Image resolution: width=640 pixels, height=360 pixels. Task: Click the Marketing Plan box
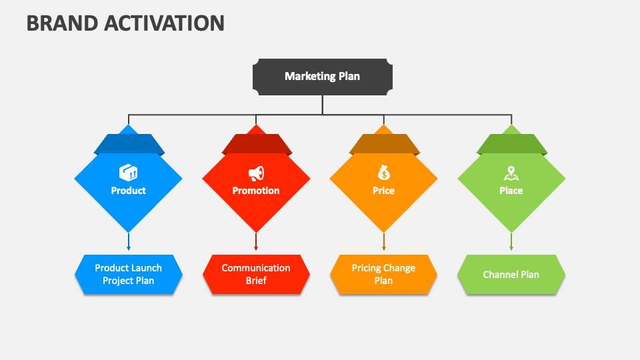click(323, 77)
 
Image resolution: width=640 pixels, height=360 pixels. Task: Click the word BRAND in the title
click(62, 23)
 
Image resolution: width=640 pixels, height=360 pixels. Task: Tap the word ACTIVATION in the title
click(164, 23)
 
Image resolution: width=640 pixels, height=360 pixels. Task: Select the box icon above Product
click(128, 173)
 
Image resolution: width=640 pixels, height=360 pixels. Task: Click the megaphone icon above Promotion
click(256, 173)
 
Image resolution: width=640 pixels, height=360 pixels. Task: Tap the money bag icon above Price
click(384, 173)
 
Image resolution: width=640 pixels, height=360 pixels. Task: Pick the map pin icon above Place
click(511, 173)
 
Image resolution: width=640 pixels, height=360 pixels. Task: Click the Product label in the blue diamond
click(128, 191)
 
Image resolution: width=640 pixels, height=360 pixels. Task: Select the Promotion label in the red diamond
click(256, 191)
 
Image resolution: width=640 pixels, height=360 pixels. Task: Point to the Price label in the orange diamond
click(384, 191)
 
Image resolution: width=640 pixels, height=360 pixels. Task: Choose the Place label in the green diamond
click(511, 191)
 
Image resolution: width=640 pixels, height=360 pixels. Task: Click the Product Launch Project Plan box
click(128, 274)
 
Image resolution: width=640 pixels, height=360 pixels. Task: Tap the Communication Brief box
click(256, 274)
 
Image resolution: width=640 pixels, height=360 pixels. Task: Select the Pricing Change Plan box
click(384, 274)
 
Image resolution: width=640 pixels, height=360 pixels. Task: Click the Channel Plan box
click(511, 274)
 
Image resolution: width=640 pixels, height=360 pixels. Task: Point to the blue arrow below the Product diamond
click(129, 241)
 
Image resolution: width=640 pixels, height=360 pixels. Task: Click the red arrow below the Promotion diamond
click(256, 241)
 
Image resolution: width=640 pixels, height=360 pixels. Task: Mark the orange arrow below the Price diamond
click(384, 241)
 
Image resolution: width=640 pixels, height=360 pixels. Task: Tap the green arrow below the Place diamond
click(511, 241)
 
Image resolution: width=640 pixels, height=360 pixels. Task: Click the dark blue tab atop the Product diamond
click(129, 144)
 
